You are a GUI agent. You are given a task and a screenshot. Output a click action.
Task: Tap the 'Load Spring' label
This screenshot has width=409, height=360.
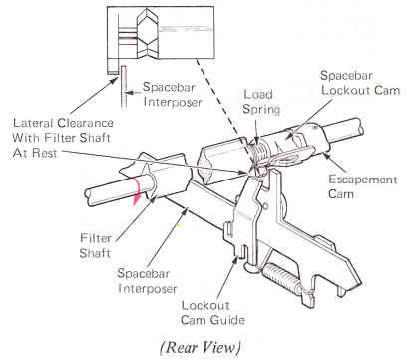click(261, 102)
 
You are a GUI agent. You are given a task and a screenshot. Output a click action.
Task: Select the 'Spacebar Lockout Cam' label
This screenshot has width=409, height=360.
click(360, 83)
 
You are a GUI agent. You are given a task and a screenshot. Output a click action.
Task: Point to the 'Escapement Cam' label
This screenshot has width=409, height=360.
click(362, 186)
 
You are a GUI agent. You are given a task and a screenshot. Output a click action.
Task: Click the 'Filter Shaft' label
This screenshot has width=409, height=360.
click(95, 246)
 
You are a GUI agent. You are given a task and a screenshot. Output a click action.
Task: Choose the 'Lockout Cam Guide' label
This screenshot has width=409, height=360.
click(213, 313)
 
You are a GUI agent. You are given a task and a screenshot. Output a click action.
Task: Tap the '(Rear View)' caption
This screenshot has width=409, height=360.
click(201, 347)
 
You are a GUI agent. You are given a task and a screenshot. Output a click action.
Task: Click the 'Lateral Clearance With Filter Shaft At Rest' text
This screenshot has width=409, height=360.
click(63, 138)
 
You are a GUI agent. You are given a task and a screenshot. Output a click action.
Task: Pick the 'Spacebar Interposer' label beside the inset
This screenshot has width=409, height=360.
click(173, 94)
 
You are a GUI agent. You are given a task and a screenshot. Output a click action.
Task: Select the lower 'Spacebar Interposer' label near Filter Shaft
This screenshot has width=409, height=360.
click(147, 281)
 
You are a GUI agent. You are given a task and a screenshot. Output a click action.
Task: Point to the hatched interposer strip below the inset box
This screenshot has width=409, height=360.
click(124, 86)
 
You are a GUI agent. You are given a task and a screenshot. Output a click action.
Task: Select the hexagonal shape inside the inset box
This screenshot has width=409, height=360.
click(147, 33)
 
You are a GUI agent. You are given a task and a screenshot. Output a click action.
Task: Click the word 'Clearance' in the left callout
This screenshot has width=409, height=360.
click(85, 123)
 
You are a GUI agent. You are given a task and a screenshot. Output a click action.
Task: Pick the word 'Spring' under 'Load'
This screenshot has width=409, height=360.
click(261, 110)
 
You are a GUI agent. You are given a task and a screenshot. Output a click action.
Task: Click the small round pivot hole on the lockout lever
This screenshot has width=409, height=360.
click(265, 206)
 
